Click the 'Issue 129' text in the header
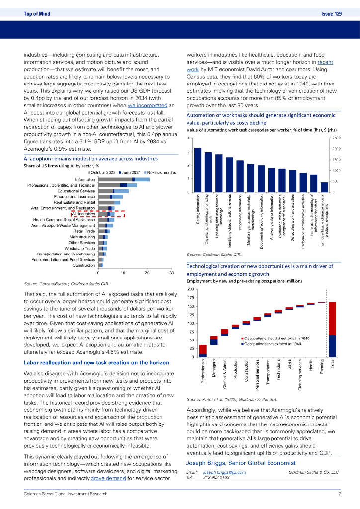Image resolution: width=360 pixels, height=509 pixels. click(332, 14)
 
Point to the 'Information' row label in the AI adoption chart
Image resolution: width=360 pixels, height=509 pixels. click(84, 179)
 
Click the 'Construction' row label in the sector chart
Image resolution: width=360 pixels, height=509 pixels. click(84, 265)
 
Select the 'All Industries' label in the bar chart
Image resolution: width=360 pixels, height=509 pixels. click(84, 214)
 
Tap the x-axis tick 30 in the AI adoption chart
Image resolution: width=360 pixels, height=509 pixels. click(171, 274)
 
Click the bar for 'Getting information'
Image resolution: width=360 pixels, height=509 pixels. click(197, 170)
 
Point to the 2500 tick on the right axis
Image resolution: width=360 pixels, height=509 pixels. click(336, 138)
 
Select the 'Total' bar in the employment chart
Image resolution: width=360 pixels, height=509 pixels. click(332, 329)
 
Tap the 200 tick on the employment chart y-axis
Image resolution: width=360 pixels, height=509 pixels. click(190, 290)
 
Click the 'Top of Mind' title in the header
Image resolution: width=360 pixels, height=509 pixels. click(37, 14)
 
